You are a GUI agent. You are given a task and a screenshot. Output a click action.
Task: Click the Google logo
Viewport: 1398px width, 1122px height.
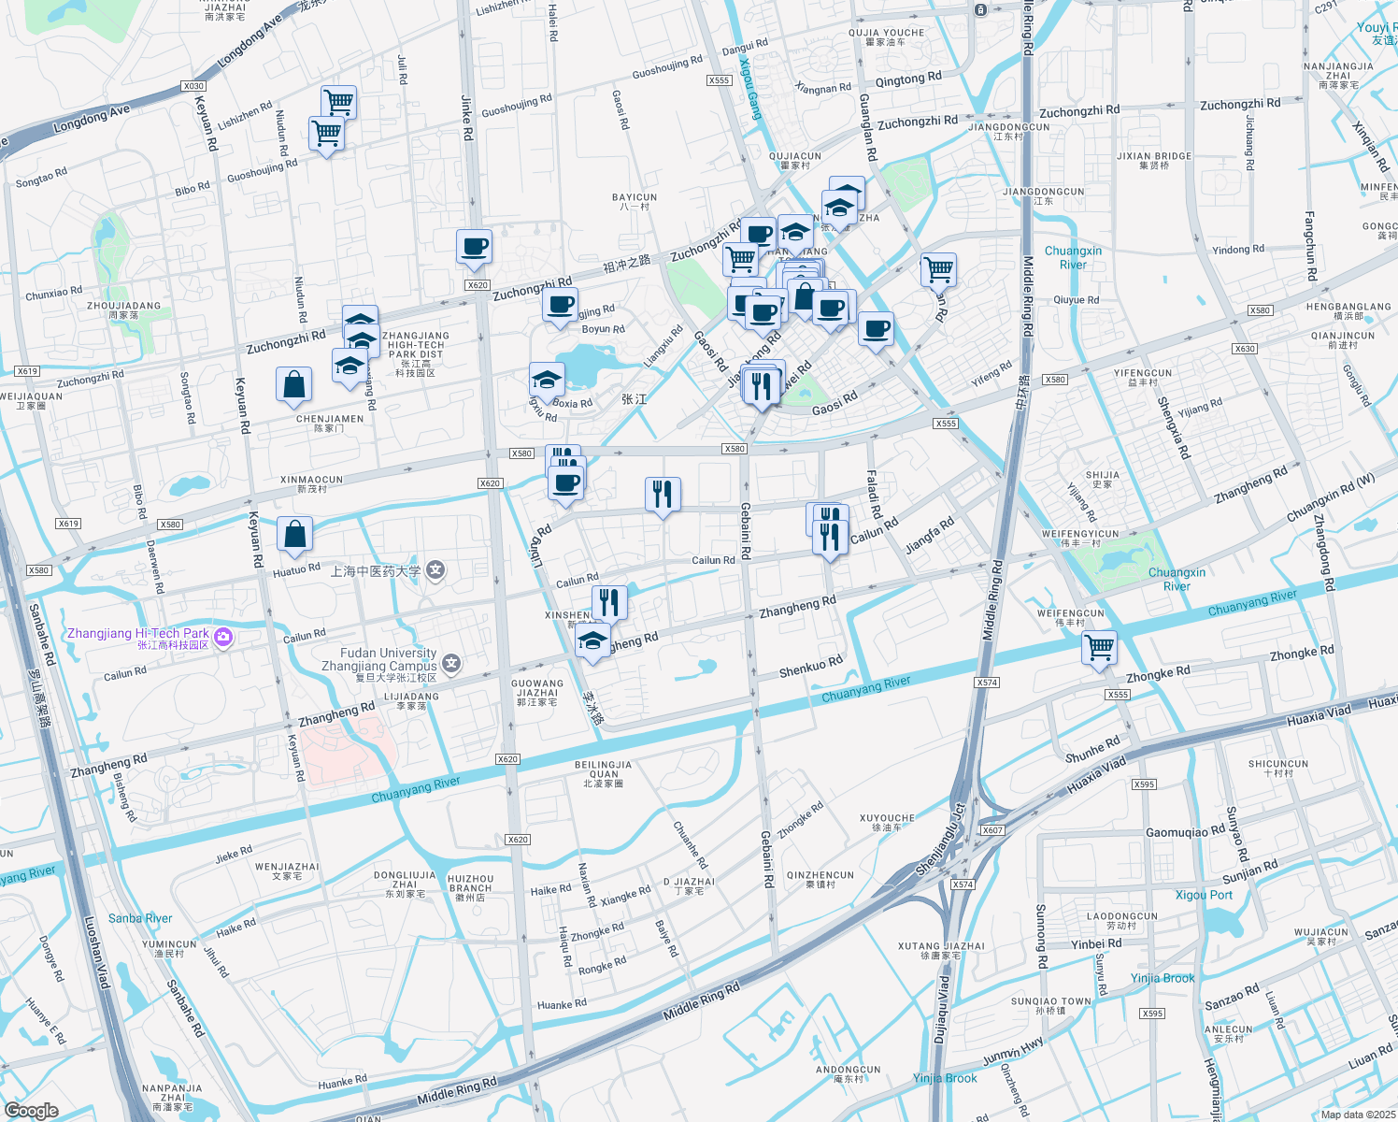coord(32,1110)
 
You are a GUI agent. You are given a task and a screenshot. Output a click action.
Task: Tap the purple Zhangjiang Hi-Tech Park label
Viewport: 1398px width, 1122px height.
coord(138,634)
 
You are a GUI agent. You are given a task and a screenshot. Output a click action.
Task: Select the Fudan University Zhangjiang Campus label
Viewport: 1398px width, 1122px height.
coord(388,660)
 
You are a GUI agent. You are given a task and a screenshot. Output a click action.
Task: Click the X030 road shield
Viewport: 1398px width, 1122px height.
coord(193,86)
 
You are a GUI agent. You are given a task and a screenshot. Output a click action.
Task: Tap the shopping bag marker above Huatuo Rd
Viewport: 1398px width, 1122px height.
coord(294,535)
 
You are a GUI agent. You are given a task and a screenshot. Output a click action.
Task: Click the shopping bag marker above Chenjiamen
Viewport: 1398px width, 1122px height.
coord(293,384)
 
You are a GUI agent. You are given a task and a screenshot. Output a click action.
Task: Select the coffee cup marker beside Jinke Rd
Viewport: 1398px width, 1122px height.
coord(475,247)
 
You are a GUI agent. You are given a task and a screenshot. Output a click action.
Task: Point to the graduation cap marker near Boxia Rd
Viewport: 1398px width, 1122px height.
coord(547,380)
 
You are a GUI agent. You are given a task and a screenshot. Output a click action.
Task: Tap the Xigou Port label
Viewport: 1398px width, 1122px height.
coord(1204,895)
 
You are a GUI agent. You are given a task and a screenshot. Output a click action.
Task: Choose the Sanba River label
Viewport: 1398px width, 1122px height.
coord(140,918)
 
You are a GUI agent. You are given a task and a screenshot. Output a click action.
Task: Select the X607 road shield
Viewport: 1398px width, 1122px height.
coord(992,830)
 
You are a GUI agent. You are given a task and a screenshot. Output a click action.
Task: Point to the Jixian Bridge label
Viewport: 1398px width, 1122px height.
coord(1154,161)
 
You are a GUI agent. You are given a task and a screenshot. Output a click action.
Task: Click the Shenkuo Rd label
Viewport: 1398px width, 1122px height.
coord(811,667)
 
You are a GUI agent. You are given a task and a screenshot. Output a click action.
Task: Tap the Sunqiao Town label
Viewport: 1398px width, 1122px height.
coord(1051,1005)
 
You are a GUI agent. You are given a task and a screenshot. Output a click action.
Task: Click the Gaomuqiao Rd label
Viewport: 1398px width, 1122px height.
coord(1185,831)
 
